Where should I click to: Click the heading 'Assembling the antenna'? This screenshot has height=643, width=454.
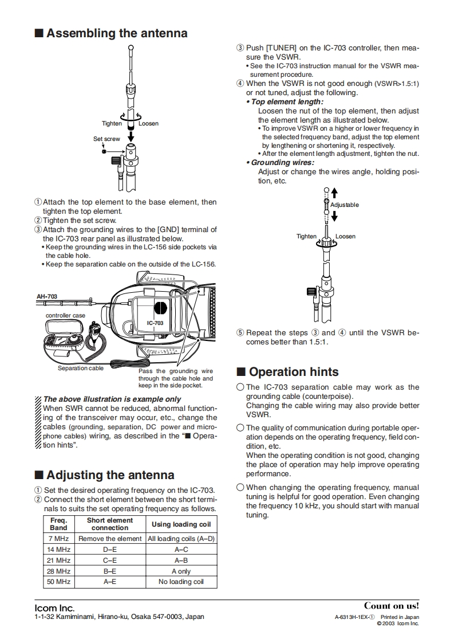[x=117, y=33]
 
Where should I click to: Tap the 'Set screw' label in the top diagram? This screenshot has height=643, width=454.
[x=106, y=139]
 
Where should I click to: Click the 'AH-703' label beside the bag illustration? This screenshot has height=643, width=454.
[x=47, y=297]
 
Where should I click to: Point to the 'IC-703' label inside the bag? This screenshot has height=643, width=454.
[x=155, y=323]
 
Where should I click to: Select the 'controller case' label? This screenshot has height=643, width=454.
[x=65, y=316]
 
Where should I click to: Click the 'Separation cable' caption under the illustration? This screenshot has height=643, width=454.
[x=81, y=368]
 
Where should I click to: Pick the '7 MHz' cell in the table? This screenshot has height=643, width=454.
[x=59, y=539]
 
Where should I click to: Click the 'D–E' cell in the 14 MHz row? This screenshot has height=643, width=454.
[x=110, y=550]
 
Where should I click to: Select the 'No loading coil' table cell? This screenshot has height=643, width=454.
[x=181, y=582]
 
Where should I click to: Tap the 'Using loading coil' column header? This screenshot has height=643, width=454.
[x=181, y=524]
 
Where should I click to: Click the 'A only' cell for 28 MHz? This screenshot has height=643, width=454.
[x=181, y=571]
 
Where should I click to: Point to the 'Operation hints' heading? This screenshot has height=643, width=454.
[x=294, y=372]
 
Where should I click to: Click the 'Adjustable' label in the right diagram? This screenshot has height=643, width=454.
[x=345, y=205]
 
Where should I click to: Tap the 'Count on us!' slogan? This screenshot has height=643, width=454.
[x=392, y=606]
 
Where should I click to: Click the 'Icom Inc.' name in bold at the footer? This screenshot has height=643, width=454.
[x=55, y=607]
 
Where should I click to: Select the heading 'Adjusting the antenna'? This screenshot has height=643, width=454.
[x=110, y=475]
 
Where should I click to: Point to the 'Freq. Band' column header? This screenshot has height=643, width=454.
[x=58, y=524]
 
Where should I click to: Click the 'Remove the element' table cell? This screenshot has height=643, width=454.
[x=110, y=539]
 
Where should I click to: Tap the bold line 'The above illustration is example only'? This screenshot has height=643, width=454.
[x=112, y=399]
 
